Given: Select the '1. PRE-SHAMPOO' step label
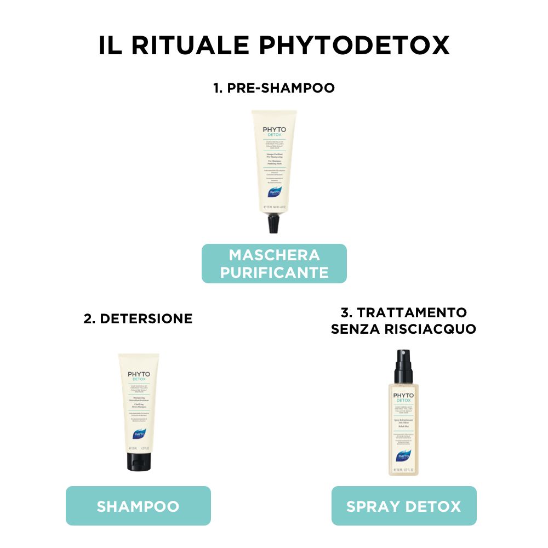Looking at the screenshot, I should (x=274, y=88).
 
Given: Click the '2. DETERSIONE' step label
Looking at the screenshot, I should (x=138, y=318).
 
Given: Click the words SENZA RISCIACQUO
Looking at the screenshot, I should (x=404, y=329).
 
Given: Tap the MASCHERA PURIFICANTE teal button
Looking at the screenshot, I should (x=274, y=263).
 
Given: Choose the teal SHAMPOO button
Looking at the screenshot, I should (x=138, y=506).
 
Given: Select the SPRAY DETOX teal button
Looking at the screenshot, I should (x=404, y=506).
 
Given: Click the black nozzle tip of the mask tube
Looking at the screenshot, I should (x=273, y=224).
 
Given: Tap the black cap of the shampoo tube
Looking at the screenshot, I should (x=138, y=462).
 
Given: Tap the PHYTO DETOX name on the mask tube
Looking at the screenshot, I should (x=274, y=133).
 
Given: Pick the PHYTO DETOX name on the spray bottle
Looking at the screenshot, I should (x=404, y=397).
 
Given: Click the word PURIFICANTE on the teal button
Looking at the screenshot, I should (x=274, y=272).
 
